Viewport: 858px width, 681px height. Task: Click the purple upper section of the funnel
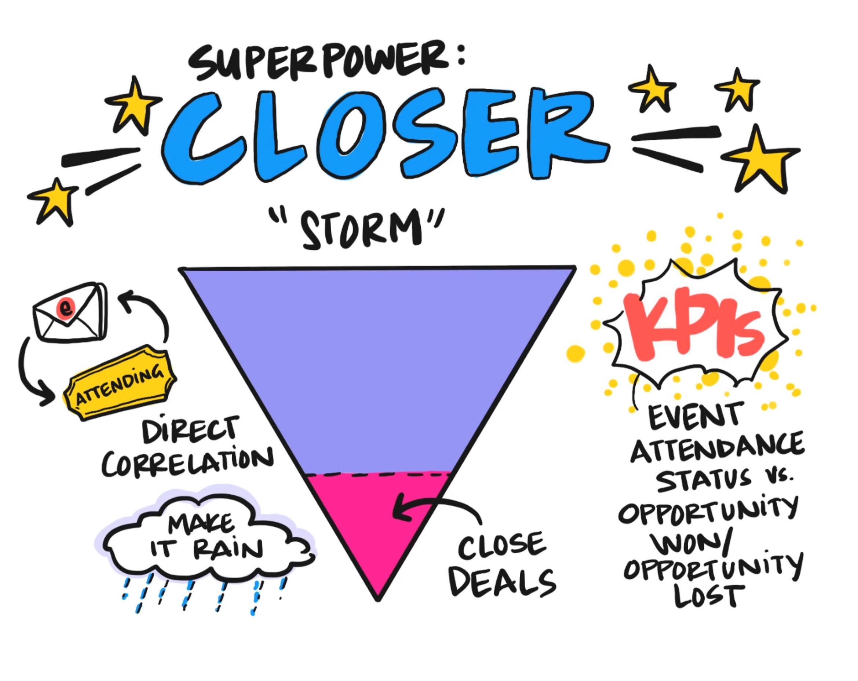[x=378, y=358]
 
